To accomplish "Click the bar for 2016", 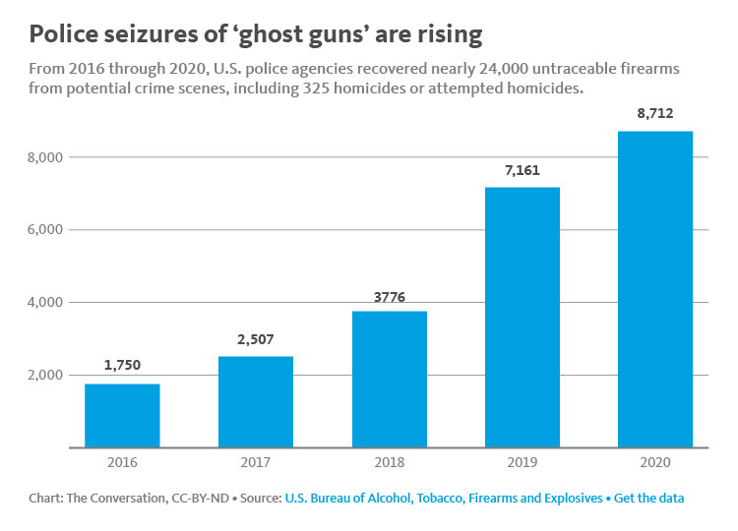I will pos(122,415).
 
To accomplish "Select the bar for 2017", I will pos(255,401).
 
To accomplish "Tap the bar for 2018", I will pos(389,379).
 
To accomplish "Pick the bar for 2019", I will pos(522,317).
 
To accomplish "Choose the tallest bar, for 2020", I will pos(654,289).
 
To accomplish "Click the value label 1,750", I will pos(122,365).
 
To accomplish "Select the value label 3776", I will pos(389,292).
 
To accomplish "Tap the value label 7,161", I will pos(522,169).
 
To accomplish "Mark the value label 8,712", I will pos(654,113).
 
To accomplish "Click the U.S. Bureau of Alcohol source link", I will pos(443,499).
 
